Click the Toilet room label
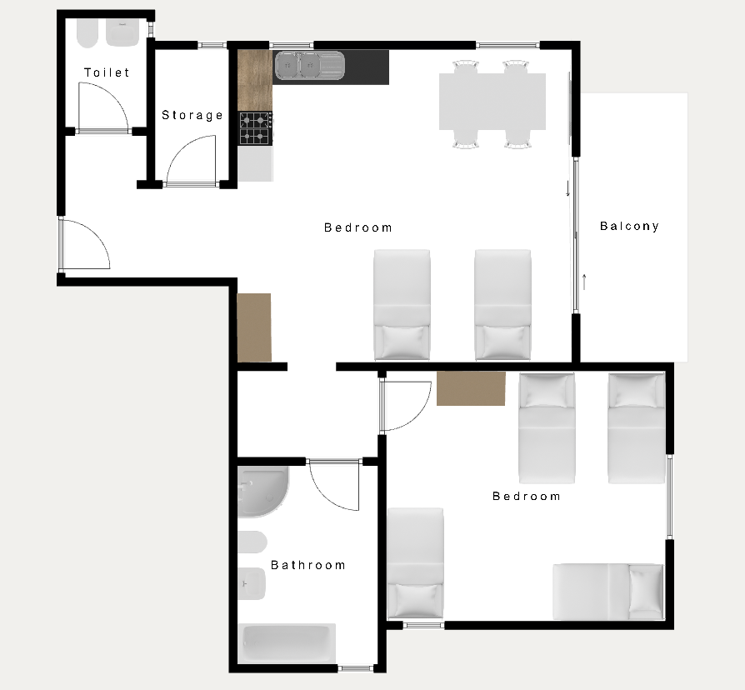[x=107, y=72]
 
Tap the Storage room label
[x=192, y=115]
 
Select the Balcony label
[x=629, y=226]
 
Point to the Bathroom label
[x=307, y=565]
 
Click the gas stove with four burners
[x=255, y=128]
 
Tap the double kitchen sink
[x=309, y=65]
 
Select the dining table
[x=492, y=101]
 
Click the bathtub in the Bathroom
[x=287, y=643]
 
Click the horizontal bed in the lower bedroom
[x=607, y=592]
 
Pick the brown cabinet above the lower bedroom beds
[x=471, y=388]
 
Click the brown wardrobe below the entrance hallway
[x=254, y=327]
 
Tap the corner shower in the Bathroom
[x=262, y=492]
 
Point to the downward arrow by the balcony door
[x=567, y=188]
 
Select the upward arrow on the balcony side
[x=584, y=282]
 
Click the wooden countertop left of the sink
[x=255, y=80]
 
